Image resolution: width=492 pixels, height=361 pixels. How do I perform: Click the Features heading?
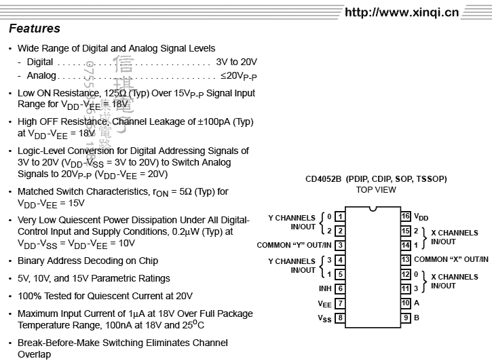pyautogui.click(x=35, y=28)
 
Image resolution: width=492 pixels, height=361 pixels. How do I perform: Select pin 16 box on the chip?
pyautogui.click(x=405, y=216)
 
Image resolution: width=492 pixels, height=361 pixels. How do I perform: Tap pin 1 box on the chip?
pyautogui.click(x=339, y=216)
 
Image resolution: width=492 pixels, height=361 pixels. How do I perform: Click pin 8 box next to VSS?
pyautogui.click(x=339, y=318)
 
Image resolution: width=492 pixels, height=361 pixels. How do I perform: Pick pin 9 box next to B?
pyautogui.click(x=405, y=318)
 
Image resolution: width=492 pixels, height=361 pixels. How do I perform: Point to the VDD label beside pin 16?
pyautogui.click(x=421, y=217)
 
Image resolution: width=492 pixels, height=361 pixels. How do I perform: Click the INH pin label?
pyautogui.click(x=324, y=289)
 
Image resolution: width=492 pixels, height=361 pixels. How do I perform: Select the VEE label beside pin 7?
pyautogui.click(x=324, y=304)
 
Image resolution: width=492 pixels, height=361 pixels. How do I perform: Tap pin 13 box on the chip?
pyautogui.click(x=405, y=260)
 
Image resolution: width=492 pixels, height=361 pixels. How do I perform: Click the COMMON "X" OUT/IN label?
pyautogui.click(x=451, y=260)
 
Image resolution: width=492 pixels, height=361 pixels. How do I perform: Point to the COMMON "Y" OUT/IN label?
pyautogui.click(x=294, y=245)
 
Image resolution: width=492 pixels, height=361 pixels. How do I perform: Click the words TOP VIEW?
pyautogui.click(x=376, y=190)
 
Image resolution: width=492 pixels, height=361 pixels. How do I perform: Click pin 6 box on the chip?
pyautogui.click(x=339, y=289)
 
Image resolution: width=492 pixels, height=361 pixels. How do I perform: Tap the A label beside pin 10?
pyautogui.click(x=417, y=303)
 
